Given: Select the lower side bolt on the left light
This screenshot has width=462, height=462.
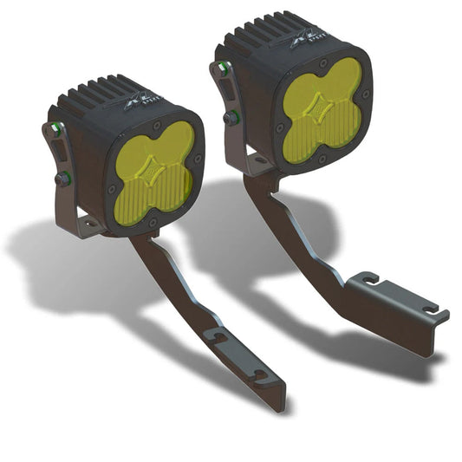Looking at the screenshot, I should coord(63,179).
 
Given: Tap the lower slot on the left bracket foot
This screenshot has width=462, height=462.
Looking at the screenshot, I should coord(259,375).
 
